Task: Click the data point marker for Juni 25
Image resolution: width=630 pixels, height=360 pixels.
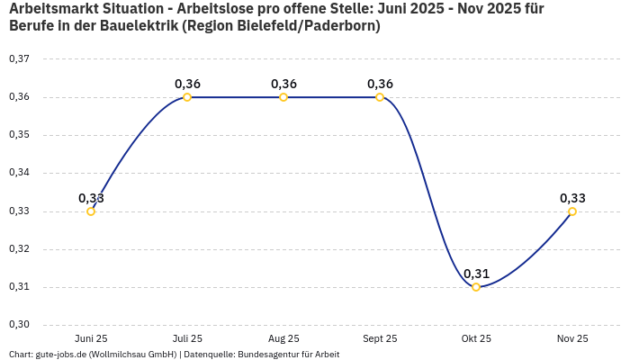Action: [x=91, y=211]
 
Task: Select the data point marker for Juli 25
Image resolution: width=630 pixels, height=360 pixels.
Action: [x=187, y=97]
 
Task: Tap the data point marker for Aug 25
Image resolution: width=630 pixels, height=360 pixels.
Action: [x=283, y=97]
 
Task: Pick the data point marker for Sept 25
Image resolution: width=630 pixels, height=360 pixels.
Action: [x=380, y=97]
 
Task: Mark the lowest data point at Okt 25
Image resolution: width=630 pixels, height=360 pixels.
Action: [x=476, y=287]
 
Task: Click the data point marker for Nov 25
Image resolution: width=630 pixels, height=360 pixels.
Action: [x=572, y=211]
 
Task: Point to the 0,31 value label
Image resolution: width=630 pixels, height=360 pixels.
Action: [x=476, y=274]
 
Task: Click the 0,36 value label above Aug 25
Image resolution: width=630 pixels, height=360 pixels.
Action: [x=283, y=84]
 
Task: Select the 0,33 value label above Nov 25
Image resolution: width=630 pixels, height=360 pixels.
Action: [x=572, y=198]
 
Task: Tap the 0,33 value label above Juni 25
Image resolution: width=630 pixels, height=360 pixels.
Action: [x=91, y=198]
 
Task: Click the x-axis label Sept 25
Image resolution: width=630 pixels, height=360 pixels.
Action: [x=380, y=338]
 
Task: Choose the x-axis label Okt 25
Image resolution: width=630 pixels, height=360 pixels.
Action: [x=476, y=338]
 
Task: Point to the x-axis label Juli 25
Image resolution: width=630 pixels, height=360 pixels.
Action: [x=187, y=338]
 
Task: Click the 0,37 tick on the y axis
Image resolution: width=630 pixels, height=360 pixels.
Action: [x=19, y=59]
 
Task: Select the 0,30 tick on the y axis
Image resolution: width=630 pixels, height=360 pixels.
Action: [x=19, y=325]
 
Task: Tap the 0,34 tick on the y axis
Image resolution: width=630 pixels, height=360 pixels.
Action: [x=19, y=173]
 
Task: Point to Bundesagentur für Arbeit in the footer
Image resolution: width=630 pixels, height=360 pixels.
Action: [x=288, y=354]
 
